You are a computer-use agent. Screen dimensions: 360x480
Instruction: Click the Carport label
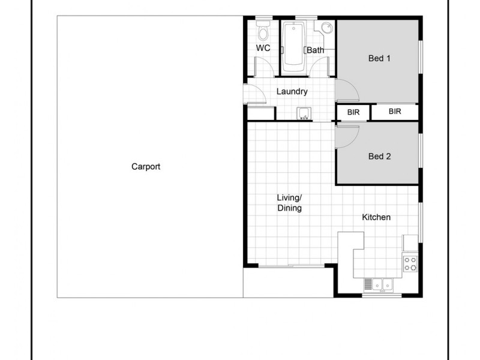point(146,167)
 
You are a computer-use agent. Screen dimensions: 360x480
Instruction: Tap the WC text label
point(262,47)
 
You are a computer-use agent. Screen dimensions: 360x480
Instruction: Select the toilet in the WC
point(262,29)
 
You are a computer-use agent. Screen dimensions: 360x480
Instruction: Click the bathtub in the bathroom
point(293,45)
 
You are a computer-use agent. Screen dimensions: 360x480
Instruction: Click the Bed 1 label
point(379,59)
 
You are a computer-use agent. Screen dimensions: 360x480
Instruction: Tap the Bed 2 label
point(379,157)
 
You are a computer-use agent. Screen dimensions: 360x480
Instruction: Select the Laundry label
point(292,92)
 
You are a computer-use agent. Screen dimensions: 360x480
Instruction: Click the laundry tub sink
point(304,113)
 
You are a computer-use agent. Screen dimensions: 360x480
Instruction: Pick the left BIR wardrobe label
point(353,112)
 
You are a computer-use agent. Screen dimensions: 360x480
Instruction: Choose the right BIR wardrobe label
point(394,112)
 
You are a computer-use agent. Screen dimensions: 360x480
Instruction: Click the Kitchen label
point(376,217)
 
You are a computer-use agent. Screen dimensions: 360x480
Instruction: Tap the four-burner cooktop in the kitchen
point(411,262)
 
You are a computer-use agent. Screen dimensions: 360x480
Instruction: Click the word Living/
point(289,197)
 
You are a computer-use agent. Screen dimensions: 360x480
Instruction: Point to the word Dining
point(289,208)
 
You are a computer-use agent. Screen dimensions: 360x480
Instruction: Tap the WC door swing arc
point(262,66)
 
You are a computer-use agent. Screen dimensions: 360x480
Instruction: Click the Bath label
point(316,50)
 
